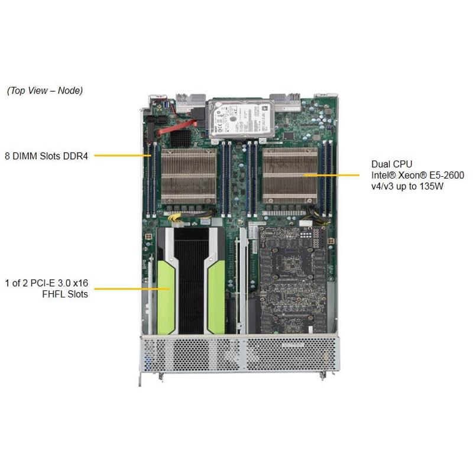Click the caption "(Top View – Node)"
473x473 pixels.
tap(45, 90)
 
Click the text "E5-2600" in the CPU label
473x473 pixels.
tap(448, 175)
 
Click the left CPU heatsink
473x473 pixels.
tap(189, 176)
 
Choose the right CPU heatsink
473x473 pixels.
tap(290, 176)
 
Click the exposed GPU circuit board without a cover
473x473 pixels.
tap(292, 278)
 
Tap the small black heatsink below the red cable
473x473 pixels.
tap(181, 138)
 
